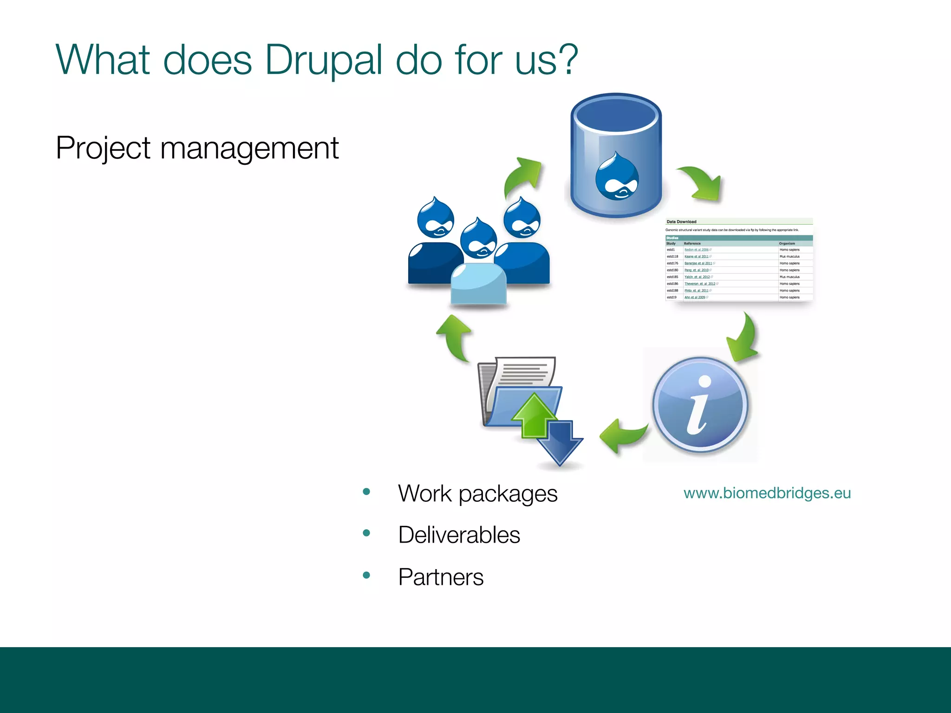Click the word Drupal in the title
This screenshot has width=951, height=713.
[324, 60]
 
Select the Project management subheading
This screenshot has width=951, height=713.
[197, 148]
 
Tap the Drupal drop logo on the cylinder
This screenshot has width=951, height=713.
[617, 177]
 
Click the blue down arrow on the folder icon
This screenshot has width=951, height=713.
[560, 443]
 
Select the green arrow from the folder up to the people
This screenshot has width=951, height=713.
[454, 337]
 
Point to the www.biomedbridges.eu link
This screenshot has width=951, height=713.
[767, 493]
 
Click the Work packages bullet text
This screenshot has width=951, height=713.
[477, 493]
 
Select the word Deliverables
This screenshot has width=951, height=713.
[459, 535]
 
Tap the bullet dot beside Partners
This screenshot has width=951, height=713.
[366, 575]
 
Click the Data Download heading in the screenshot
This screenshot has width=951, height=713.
[681, 222]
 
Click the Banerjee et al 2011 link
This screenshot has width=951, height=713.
[698, 263]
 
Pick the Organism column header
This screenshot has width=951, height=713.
[787, 243]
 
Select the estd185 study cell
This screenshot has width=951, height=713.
[672, 277]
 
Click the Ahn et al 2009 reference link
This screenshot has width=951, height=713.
[695, 297]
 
